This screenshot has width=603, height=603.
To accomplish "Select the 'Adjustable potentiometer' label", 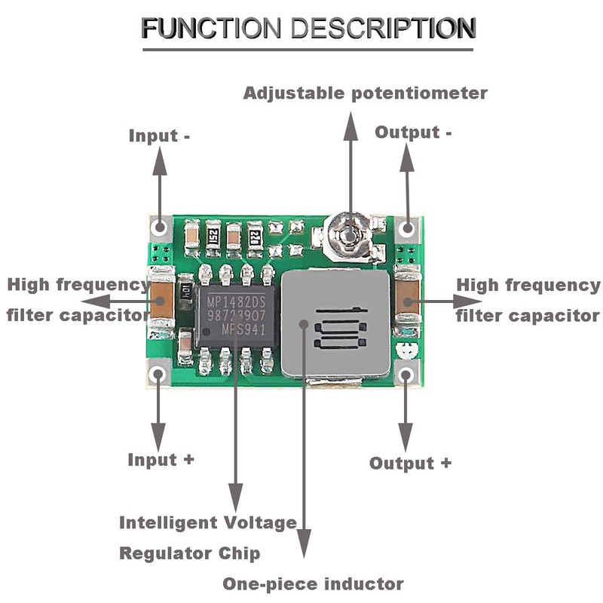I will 366,93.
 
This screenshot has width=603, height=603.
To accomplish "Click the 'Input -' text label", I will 159,136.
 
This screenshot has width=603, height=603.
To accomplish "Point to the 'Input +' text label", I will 161,459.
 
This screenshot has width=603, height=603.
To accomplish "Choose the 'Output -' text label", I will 414,133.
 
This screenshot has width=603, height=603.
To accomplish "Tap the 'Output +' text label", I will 411,463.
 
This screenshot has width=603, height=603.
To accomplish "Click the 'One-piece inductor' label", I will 313,583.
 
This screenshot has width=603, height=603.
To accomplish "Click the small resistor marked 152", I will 213,234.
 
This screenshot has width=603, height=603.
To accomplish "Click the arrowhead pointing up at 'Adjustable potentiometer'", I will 350,122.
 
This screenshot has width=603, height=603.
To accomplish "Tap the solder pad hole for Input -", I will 159,227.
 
